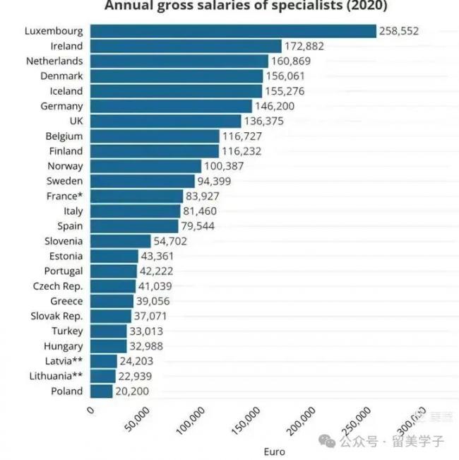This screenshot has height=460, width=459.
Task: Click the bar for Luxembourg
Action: tap(233, 31)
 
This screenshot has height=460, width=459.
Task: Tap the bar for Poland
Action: tap(102, 391)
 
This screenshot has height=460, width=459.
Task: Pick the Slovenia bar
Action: tap(121, 241)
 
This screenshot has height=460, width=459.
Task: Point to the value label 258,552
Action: tap(400, 31)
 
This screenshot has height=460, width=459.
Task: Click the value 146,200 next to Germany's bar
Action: tap(275, 106)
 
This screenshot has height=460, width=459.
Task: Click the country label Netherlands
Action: tap(54, 61)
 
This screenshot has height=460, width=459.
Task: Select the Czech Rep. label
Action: tap(58, 286)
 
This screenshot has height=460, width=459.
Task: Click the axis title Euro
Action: tap(275, 449)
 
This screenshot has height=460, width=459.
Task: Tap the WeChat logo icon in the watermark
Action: tap(328, 440)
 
